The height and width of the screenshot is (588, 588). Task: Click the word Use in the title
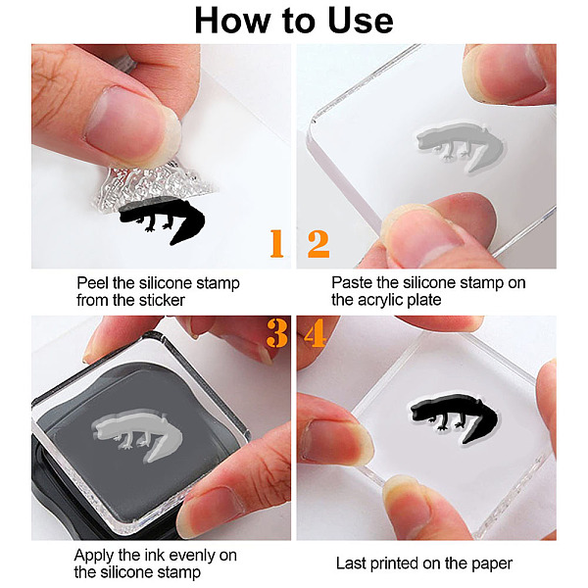coord(361,21)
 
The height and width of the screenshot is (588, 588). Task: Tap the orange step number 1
coord(276,243)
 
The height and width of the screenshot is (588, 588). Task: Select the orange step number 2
coord(318,244)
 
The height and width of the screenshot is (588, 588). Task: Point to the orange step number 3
coord(276,333)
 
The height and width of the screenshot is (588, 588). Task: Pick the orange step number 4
coord(315,333)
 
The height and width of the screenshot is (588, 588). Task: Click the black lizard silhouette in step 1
coord(162,220)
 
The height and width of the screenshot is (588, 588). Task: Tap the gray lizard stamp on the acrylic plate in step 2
coord(461,147)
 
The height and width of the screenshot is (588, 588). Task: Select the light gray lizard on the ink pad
coord(137,434)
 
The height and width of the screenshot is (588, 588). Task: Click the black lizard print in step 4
coord(455,417)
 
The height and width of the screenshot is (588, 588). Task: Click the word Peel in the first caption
coord(92,283)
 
